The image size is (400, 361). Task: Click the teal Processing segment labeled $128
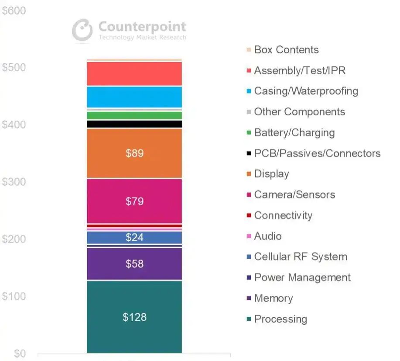pyautogui.click(x=134, y=317)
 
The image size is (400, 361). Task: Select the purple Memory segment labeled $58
pyautogui.click(x=134, y=264)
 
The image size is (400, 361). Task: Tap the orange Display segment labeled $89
pyautogui.click(x=134, y=153)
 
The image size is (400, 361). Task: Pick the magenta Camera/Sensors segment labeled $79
pyautogui.click(x=134, y=201)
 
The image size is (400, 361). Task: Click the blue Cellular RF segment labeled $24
pyautogui.click(x=134, y=237)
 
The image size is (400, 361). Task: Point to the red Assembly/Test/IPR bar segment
pyautogui.click(x=134, y=73)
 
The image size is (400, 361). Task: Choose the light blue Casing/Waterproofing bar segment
pyautogui.click(x=134, y=97)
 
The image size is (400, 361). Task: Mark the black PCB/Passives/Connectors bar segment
pyautogui.click(x=134, y=124)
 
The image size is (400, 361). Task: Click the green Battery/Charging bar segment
pyautogui.click(x=134, y=115)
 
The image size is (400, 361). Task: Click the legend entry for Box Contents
pyautogui.click(x=286, y=50)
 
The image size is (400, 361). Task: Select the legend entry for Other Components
pyautogui.click(x=299, y=112)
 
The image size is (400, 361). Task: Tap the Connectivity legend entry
pyautogui.click(x=283, y=215)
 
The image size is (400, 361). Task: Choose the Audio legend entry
pyautogui.click(x=267, y=236)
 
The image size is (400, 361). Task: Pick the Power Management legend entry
pyautogui.click(x=302, y=278)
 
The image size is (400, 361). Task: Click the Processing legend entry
pyautogui.click(x=280, y=319)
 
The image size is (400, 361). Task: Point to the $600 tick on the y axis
pyautogui.click(x=14, y=11)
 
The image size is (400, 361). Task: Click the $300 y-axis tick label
pyautogui.click(x=14, y=182)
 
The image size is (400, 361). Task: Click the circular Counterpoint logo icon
pyautogui.click(x=82, y=30)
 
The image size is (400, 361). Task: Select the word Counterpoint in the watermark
pyautogui.click(x=142, y=27)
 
